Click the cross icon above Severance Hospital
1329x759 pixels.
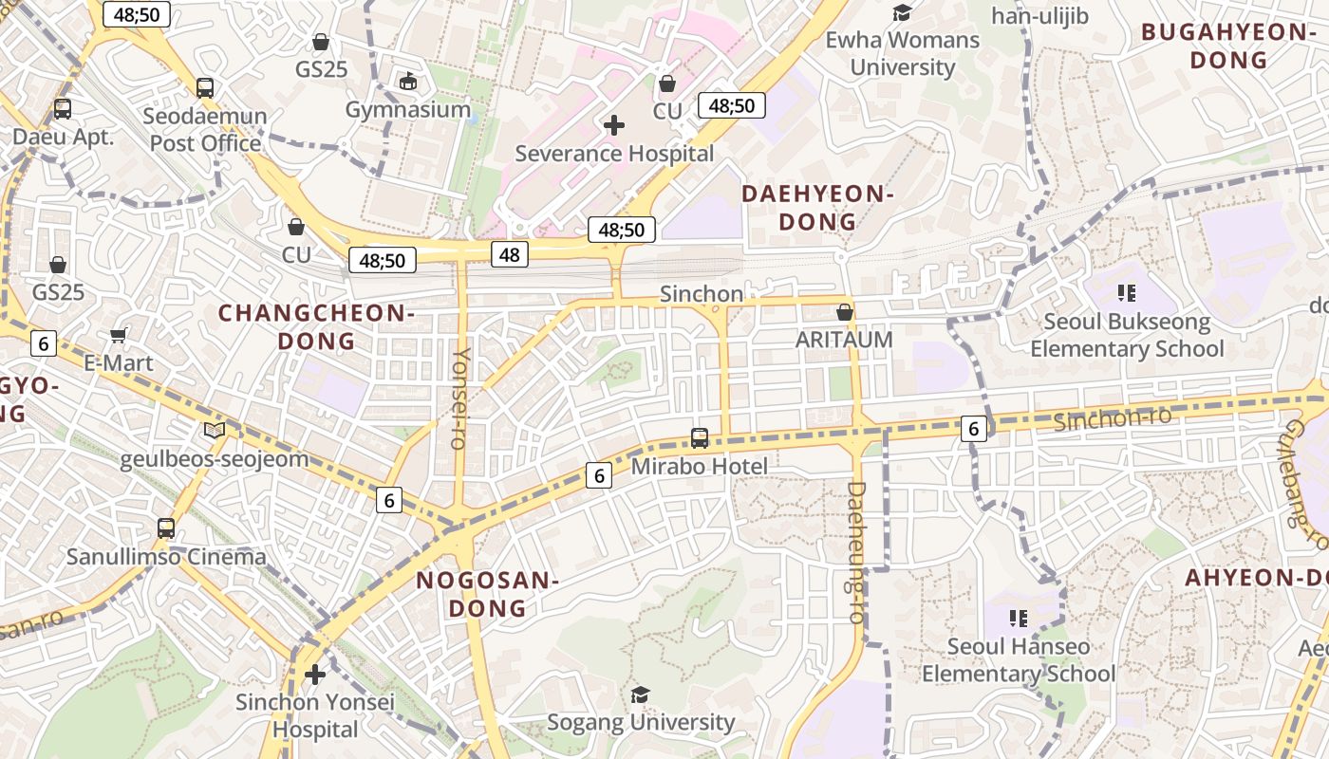pyautogui.click(x=614, y=124)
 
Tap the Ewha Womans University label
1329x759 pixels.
pyautogui.click(x=902, y=53)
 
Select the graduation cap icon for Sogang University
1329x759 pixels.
pyautogui.click(x=641, y=694)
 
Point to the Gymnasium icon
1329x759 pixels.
pyautogui.click(x=408, y=82)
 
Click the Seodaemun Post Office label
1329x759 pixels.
pyautogui.click(x=205, y=130)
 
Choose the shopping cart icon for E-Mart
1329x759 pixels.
pyautogui.click(x=119, y=335)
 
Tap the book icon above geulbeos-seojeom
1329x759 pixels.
pyautogui.click(x=215, y=431)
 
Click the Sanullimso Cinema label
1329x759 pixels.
pyautogui.click(x=166, y=556)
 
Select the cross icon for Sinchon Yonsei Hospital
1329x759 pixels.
pyautogui.click(x=315, y=675)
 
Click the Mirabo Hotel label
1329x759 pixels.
pyautogui.click(x=700, y=466)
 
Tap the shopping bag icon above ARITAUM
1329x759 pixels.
pyautogui.click(x=845, y=312)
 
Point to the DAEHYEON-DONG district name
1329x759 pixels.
pyautogui.click(x=817, y=208)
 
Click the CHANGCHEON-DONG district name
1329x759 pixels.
pyautogui.click(x=317, y=326)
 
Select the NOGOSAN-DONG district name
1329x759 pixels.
pyautogui.click(x=487, y=594)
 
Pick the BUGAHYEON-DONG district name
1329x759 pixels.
pyautogui.click(x=1228, y=46)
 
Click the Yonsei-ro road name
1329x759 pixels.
pyautogui.click(x=460, y=398)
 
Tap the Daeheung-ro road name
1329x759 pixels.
pyautogui.click(x=855, y=551)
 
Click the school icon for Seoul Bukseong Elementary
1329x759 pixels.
pyautogui.click(x=1127, y=293)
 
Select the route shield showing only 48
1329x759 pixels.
pyautogui.click(x=510, y=253)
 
